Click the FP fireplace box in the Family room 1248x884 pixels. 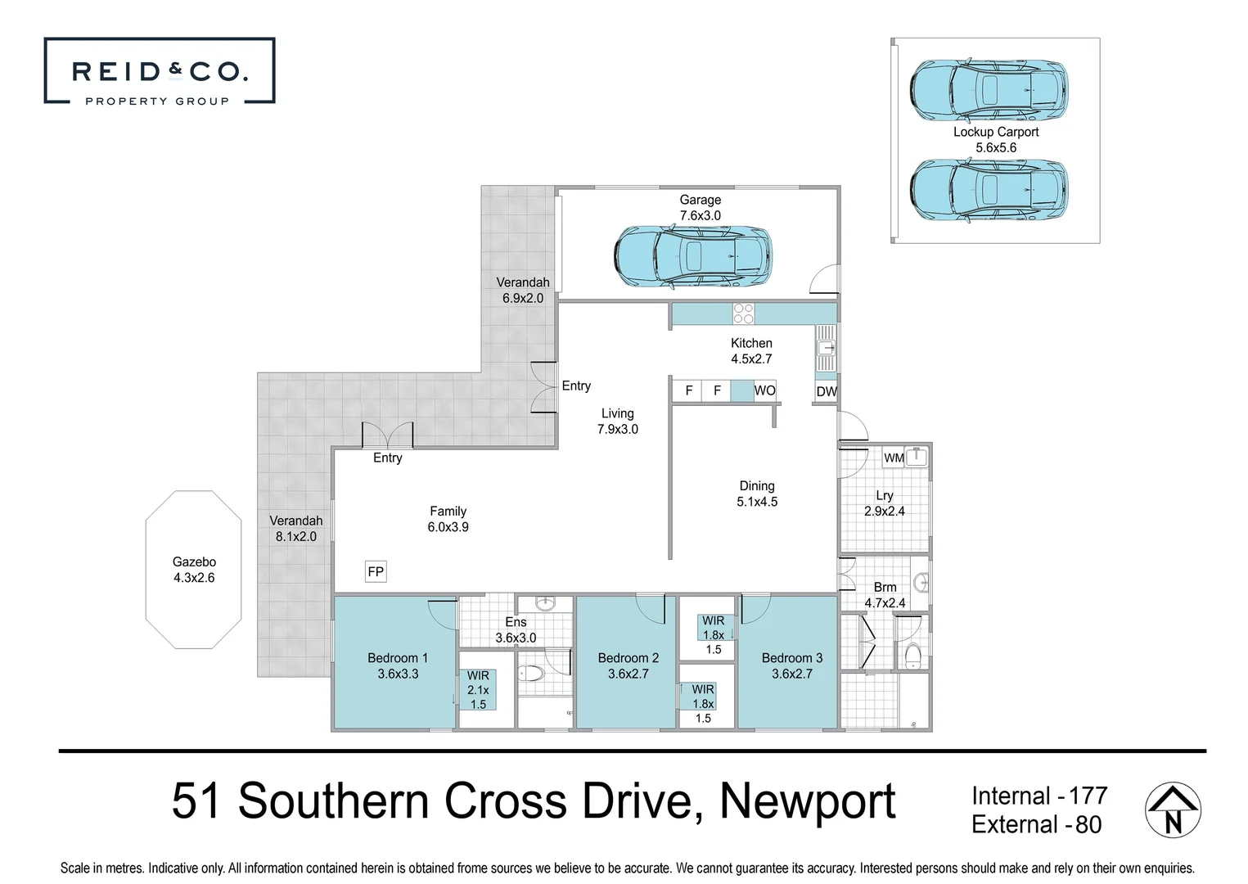[376, 571]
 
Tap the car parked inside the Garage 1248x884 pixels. [692, 256]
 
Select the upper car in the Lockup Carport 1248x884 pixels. [989, 88]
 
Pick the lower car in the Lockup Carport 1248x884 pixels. [989, 190]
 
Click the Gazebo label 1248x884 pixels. [194, 562]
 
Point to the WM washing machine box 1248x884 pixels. [894, 458]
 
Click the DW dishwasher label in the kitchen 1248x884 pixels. [827, 391]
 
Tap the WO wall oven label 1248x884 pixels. [764, 390]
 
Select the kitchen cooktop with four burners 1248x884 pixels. [743, 313]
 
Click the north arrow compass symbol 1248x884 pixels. [1172, 810]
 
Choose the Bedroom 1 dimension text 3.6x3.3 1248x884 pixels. [398, 674]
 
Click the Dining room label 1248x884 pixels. [757, 486]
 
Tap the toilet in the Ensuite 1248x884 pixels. [532, 674]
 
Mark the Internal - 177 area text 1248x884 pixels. [1038, 796]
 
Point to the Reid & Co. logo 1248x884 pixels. [160, 72]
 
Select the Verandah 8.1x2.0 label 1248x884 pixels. [295, 528]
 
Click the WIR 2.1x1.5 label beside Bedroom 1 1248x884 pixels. [478, 689]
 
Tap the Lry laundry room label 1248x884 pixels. [884, 495]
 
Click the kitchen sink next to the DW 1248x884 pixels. [826, 348]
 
